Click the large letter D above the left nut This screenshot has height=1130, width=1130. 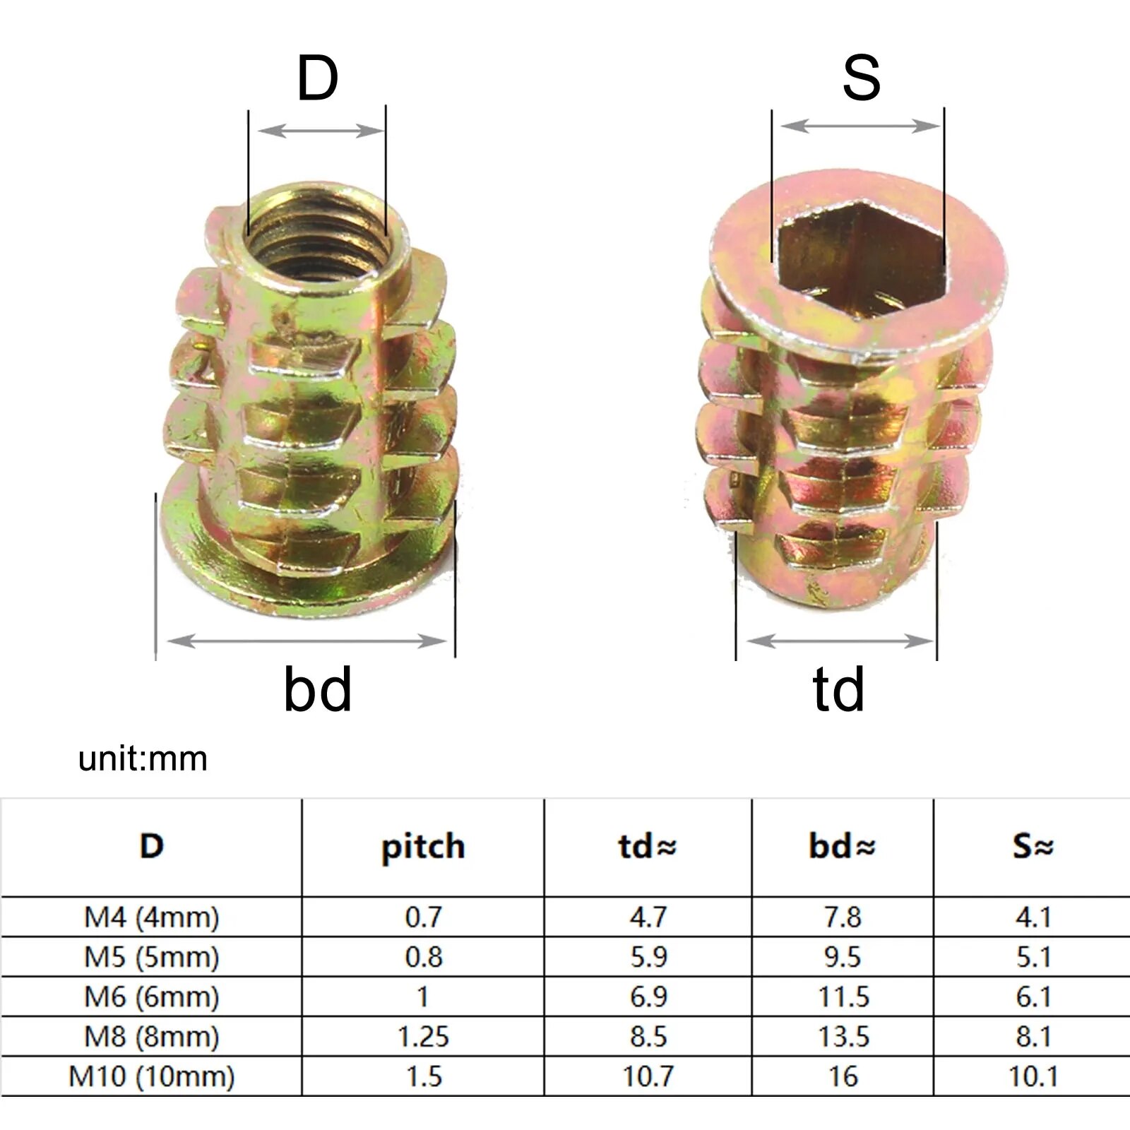(317, 78)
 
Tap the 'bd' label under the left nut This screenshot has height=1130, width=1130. (317, 689)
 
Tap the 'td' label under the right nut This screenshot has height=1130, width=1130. (838, 689)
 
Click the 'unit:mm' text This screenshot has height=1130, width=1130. (143, 759)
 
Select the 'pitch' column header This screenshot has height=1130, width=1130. (422, 847)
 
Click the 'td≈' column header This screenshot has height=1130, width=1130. (647, 847)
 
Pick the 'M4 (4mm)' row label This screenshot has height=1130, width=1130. (152, 917)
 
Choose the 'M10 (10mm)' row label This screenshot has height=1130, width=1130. (152, 1077)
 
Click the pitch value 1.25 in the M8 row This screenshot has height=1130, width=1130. (422, 1037)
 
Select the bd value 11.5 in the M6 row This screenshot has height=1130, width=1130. (843, 997)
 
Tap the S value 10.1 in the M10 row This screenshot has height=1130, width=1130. (1033, 1077)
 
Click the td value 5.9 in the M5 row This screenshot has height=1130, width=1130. (648, 957)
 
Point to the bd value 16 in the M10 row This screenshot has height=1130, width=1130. (843, 1077)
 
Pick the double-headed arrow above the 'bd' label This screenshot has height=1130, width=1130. (307, 641)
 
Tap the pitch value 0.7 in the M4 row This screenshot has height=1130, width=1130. (422, 917)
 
